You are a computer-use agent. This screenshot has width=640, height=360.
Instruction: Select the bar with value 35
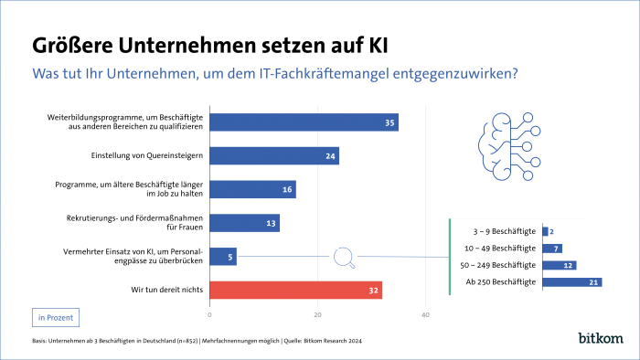tap(304, 122)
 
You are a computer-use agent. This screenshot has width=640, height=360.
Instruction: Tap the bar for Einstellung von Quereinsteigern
tap(274, 156)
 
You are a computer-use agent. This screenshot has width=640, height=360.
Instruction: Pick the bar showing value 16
tap(252, 189)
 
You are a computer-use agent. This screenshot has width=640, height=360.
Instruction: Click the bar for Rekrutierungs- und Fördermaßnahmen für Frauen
tap(244, 223)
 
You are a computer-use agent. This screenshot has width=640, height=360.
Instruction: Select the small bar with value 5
tap(223, 257)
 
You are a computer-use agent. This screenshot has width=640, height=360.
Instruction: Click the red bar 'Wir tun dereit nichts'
tap(295, 291)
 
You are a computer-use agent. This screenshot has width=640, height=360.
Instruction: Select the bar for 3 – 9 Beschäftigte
tap(546, 231)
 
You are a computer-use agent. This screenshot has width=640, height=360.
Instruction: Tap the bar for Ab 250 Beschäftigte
tap(571, 282)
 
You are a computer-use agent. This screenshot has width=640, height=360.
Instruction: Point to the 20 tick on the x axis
tap(318, 315)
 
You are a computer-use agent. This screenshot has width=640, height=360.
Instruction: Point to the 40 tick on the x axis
tap(425, 315)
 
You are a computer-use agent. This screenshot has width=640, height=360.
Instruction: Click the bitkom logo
tap(601, 339)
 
